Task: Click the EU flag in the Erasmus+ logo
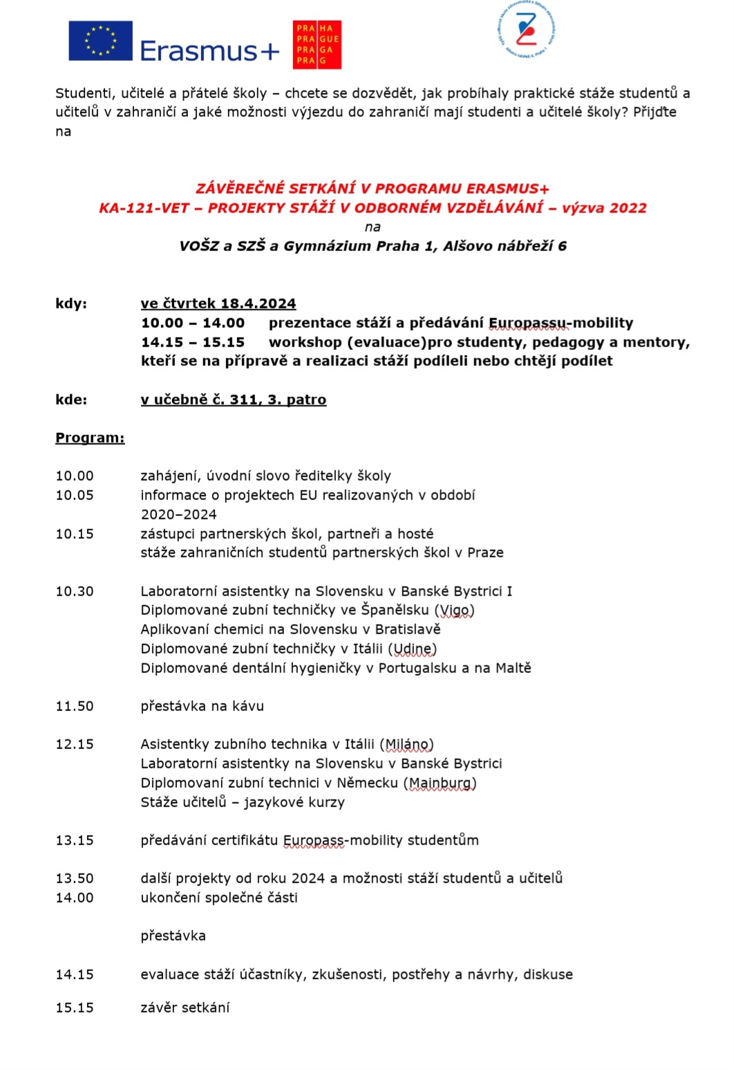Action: tap(100, 41)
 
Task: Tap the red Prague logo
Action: tap(317, 44)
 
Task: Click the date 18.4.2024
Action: tap(258, 304)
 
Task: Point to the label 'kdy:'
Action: tap(71, 304)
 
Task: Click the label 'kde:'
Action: tap(71, 400)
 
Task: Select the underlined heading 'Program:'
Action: tap(90, 438)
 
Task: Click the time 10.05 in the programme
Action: tap(75, 495)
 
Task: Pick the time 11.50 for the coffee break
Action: tap(75, 706)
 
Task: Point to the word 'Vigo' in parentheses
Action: tap(454, 610)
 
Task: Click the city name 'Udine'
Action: tap(412, 649)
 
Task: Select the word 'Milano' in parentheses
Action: tap(406, 744)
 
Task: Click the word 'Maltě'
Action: tap(514, 668)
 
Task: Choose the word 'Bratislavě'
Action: tap(407, 629)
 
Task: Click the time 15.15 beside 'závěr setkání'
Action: tap(75, 1008)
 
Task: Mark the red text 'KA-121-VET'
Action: tap(144, 208)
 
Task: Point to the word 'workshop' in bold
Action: tap(305, 342)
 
